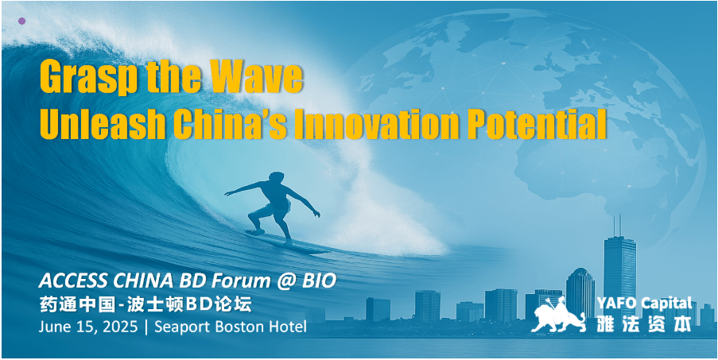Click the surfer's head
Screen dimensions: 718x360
[x=277, y=177]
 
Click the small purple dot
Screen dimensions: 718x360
[x=21, y=21]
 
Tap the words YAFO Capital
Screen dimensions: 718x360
[x=644, y=303]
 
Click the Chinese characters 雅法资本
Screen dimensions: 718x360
[x=644, y=323]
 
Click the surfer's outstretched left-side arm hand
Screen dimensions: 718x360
[x=227, y=193]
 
